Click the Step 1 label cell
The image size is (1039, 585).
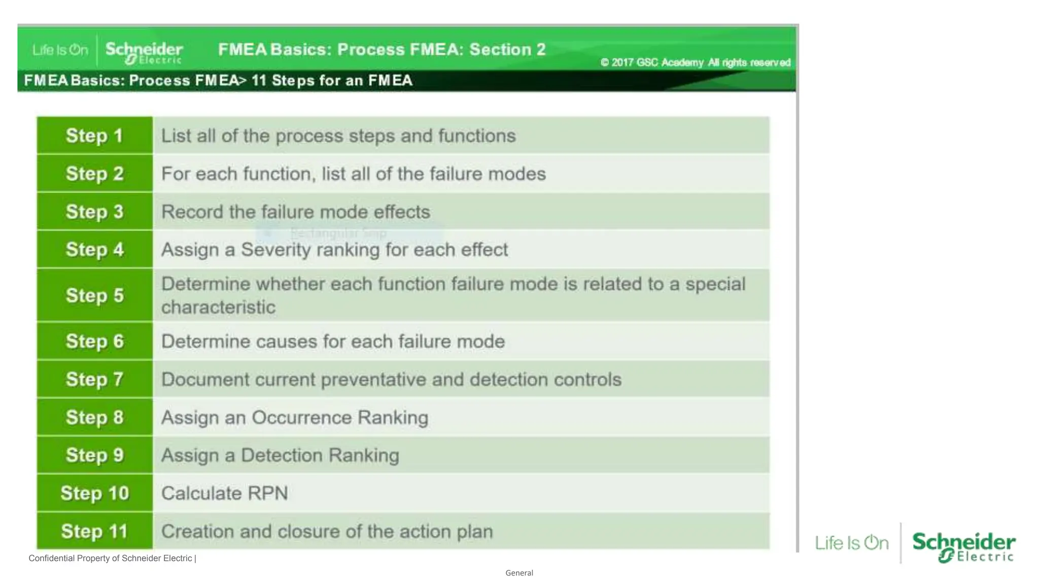(94, 136)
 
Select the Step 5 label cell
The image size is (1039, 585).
(94, 295)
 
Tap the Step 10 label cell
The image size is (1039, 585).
(94, 493)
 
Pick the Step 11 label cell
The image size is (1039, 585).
(94, 531)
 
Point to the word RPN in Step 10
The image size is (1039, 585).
(267, 493)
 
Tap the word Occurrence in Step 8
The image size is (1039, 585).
(302, 417)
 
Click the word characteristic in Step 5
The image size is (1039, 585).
(218, 307)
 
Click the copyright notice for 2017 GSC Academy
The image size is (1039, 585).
(695, 62)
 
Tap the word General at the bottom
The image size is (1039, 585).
(519, 573)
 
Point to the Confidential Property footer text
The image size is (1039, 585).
(112, 558)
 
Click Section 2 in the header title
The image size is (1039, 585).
(507, 49)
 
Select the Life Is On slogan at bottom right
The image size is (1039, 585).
(852, 543)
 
